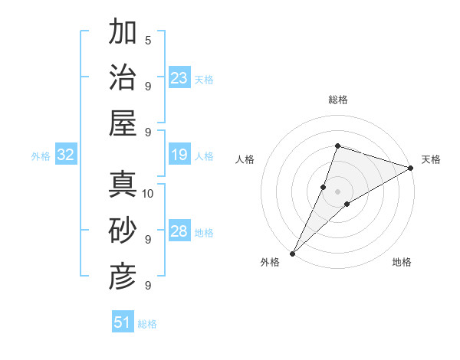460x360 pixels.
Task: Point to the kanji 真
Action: (123, 185)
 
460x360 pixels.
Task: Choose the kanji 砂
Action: (123, 231)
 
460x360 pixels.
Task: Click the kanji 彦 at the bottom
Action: (123, 276)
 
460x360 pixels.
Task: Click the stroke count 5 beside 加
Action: (148, 40)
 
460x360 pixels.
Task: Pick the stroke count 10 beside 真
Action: (149, 193)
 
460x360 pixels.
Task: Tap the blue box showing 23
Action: (179, 78)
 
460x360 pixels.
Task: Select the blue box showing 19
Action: (179, 155)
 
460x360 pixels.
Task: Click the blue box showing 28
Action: (179, 231)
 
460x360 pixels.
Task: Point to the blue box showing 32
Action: (66, 155)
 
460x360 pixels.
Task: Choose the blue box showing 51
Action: (123, 322)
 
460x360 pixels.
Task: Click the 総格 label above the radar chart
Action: (337, 100)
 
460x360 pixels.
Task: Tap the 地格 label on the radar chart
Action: (402, 262)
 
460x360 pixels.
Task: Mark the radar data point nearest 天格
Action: (411, 169)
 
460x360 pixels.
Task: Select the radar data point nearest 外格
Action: (292, 254)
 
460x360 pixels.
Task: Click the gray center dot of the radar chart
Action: (337, 191)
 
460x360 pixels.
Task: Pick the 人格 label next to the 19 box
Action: (204, 156)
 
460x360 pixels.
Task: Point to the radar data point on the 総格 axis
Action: (337, 146)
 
